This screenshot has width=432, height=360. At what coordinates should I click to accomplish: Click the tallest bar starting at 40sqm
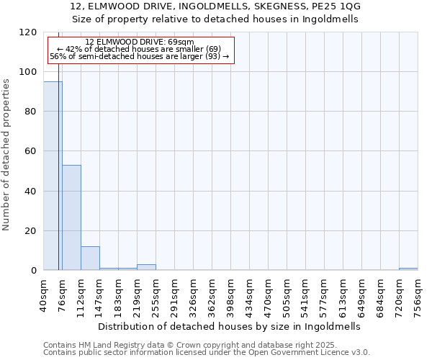(x=53, y=176)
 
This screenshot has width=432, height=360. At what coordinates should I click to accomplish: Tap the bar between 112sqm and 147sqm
(x=90, y=258)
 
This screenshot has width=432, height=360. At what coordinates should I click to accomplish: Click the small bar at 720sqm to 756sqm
(x=408, y=269)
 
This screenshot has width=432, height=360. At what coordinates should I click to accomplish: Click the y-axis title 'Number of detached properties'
(x=6, y=155)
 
